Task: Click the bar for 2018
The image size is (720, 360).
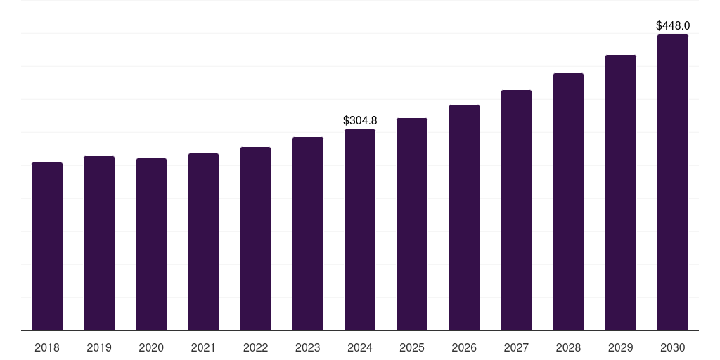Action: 47,246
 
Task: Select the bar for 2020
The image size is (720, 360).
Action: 151,244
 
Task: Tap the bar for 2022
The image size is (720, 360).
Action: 255,238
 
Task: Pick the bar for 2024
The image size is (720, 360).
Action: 360,230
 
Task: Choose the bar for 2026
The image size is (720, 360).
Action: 464,217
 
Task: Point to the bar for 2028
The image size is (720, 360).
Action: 568,202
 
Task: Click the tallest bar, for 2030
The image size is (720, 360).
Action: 672,182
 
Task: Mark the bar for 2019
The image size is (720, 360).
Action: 99,243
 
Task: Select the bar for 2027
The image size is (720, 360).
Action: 516,210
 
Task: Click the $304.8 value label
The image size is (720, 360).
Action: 360,120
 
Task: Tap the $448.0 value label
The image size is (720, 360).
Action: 672,25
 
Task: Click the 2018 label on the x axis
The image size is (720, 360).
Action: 47,347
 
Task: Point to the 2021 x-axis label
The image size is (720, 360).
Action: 203,347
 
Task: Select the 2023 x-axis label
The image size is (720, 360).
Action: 308,347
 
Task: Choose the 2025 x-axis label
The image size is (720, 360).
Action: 412,347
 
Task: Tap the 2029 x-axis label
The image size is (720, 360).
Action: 620,347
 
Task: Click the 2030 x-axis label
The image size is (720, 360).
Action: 672,347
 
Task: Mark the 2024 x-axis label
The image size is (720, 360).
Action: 360,347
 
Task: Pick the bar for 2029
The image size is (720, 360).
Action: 620,193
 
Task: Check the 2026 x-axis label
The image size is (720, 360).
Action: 464,347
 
